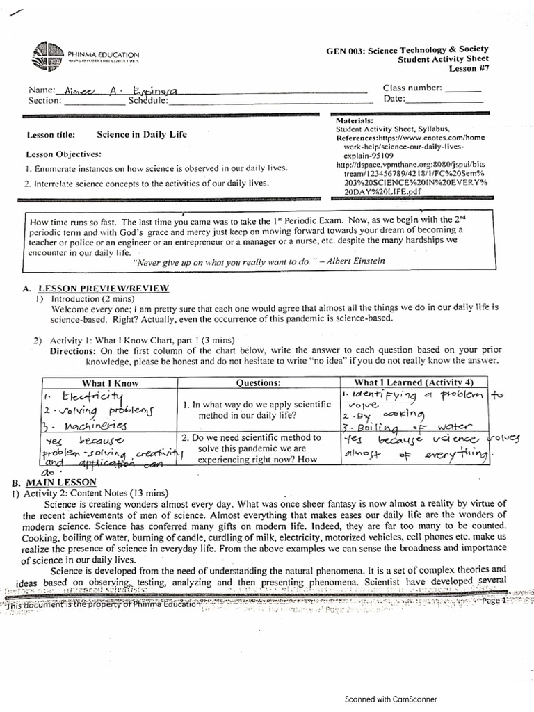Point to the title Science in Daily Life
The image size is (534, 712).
(141, 135)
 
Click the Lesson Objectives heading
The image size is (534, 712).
(64, 154)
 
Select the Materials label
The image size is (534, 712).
(355, 120)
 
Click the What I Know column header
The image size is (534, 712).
(111, 382)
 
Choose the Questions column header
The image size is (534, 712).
(259, 382)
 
